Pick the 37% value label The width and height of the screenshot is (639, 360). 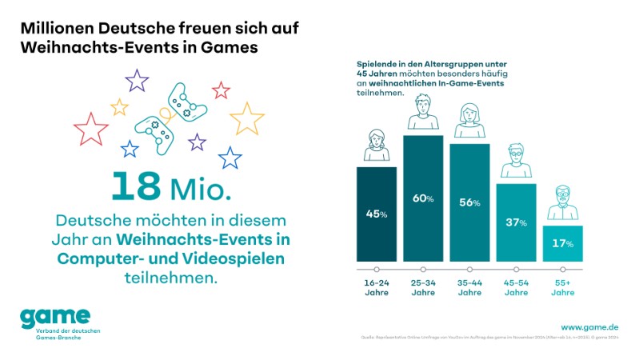(x=516, y=222)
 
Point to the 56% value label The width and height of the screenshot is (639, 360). (x=469, y=202)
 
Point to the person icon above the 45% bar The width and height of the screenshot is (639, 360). (x=376, y=148)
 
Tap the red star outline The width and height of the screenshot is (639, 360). (x=90, y=129)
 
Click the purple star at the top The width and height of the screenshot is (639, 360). (x=137, y=80)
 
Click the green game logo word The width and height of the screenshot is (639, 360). (x=56, y=317)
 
